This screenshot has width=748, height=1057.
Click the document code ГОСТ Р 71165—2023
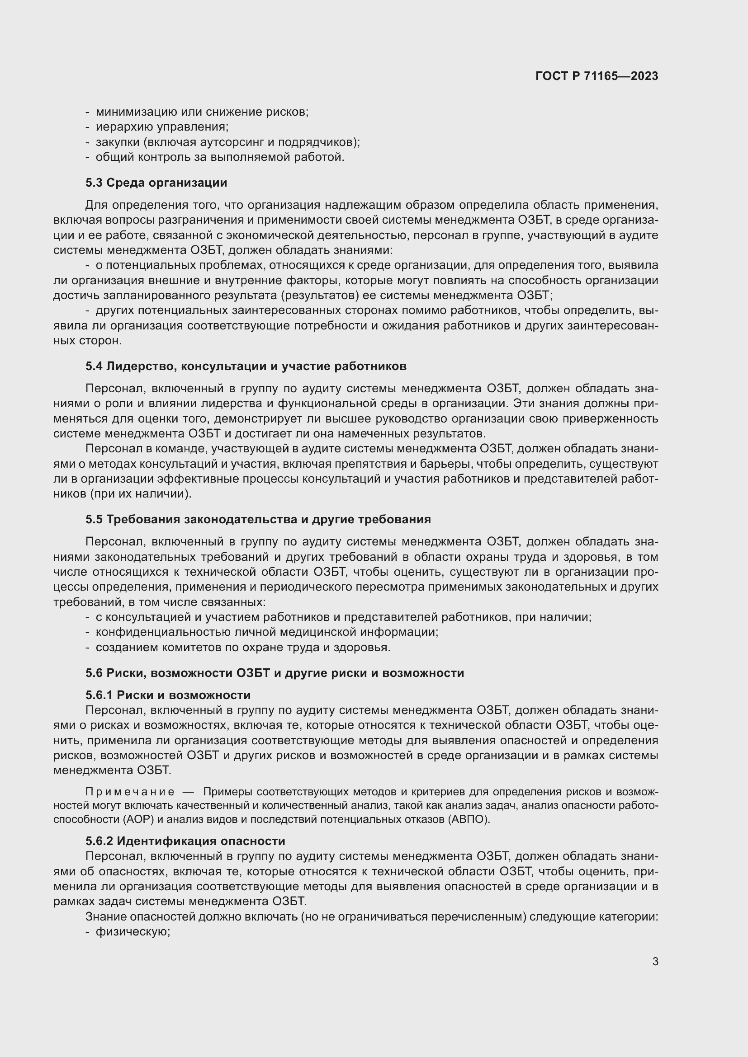click(x=597, y=76)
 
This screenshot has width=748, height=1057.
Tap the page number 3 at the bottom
click(x=655, y=961)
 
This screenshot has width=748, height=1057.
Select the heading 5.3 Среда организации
click(x=156, y=183)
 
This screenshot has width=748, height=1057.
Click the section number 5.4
click(x=94, y=366)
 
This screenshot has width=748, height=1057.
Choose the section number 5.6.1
click(x=99, y=695)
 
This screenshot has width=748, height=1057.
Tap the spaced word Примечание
click(x=130, y=792)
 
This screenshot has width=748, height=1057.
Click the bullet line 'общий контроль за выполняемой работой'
click(x=220, y=157)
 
